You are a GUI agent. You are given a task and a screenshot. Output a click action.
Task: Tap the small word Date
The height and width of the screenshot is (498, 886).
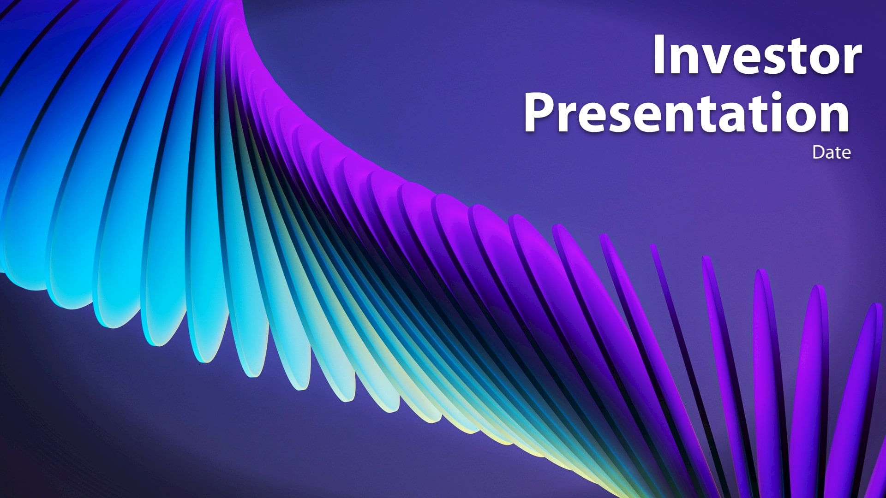tap(832, 153)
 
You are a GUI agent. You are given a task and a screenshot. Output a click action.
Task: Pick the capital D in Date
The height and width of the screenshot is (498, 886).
tap(818, 153)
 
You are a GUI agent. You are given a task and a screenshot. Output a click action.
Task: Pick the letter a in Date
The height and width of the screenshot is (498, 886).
tap(830, 154)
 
